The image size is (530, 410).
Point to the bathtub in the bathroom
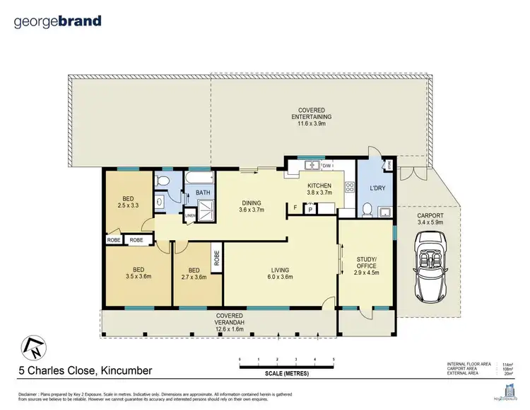pos(202,179)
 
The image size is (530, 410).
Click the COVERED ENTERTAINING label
pos(311,114)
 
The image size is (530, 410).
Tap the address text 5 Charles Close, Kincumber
pos(84,370)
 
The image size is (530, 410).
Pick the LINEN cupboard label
pos(189,216)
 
